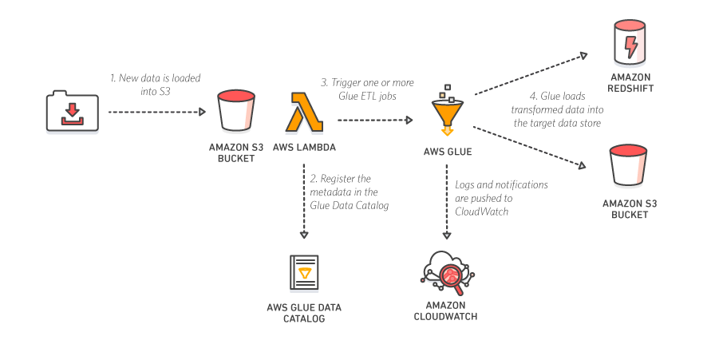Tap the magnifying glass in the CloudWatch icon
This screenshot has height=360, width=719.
[448, 276]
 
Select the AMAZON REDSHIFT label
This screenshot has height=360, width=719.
[631, 83]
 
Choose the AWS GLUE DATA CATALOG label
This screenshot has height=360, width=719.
[304, 313]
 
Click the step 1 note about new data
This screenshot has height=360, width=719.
[156, 85]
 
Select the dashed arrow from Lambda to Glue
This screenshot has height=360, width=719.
[373, 120]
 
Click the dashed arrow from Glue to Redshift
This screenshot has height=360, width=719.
[530, 74]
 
